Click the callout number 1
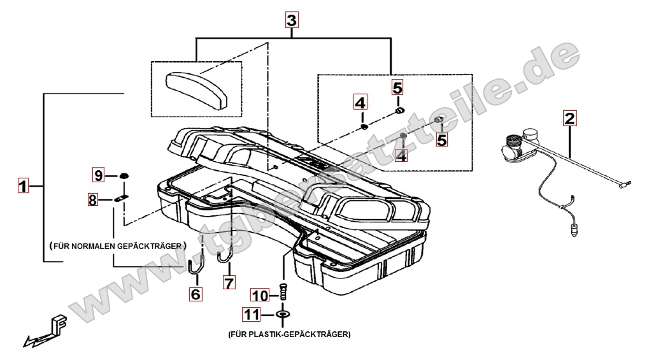point(23,186)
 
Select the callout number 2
point(569,118)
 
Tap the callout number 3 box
point(291,20)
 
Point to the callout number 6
point(196,294)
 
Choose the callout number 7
point(229,281)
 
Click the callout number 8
point(93,200)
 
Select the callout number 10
point(260,295)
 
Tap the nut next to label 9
point(125,175)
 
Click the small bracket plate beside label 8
point(122,199)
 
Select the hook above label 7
point(224,257)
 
